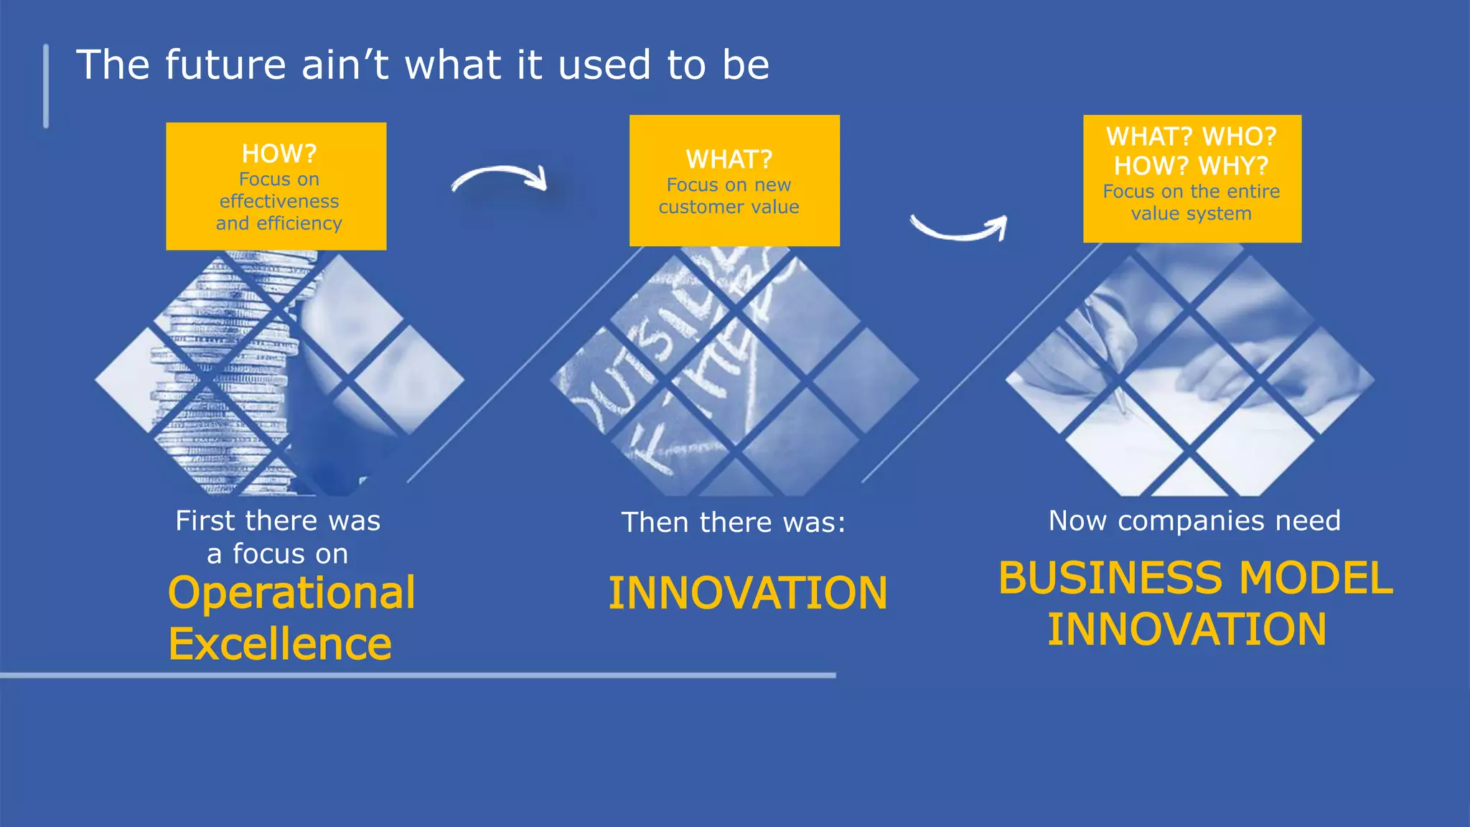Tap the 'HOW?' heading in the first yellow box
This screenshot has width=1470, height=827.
click(x=279, y=154)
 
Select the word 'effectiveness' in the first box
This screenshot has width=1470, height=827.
click(x=279, y=202)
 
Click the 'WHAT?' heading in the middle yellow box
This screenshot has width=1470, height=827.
click(x=729, y=159)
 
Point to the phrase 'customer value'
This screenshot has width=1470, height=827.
click(x=729, y=207)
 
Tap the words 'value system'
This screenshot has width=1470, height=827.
click(x=1192, y=214)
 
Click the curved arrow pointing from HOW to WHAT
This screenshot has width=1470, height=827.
click(x=501, y=177)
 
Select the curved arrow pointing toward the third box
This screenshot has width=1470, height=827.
click(x=960, y=230)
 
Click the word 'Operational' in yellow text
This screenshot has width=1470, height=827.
click(x=291, y=593)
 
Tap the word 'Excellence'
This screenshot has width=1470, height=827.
click(x=280, y=644)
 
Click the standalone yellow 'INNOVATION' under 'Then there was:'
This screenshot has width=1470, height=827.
click(x=748, y=593)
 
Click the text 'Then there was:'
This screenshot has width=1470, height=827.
click(x=733, y=523)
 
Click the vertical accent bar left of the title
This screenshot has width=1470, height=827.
click(x=46, y=86)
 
